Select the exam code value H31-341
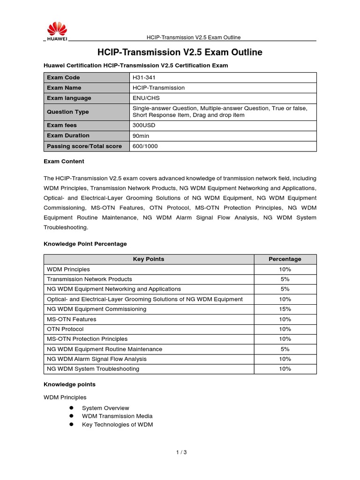(144, 77)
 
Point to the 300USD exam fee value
(144, 125)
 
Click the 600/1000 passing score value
(145, 146)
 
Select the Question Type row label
(67, 112)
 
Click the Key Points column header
(149, 259)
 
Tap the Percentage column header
(285, 259)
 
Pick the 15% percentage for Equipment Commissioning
(285, 309)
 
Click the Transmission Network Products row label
(90, 279)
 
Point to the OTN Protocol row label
(65, 329)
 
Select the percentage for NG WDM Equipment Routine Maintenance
(285, 349)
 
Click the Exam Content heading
(64, 161)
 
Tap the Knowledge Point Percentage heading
(85, 244)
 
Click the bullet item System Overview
(105, 408)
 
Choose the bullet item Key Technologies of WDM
(117, 424)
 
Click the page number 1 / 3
(181, 452)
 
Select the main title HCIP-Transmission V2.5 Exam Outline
(180, 52)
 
